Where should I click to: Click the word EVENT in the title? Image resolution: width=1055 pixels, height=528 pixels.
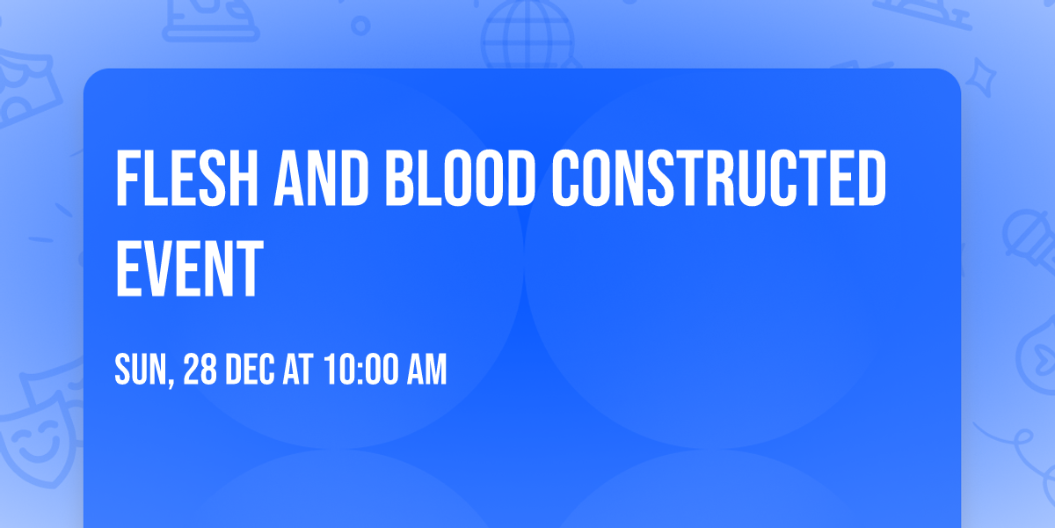click(x=189, y=271)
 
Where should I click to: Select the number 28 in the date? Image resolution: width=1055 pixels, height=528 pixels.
click(x=200, y=370)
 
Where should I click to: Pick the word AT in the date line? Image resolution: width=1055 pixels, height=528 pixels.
click(x=298, y=370)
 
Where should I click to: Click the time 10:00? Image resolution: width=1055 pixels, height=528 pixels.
click(x=360, y=370)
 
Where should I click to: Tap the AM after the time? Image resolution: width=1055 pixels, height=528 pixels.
click(x=426, y=370)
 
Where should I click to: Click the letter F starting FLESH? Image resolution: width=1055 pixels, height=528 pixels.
click(x=127, y=179)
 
